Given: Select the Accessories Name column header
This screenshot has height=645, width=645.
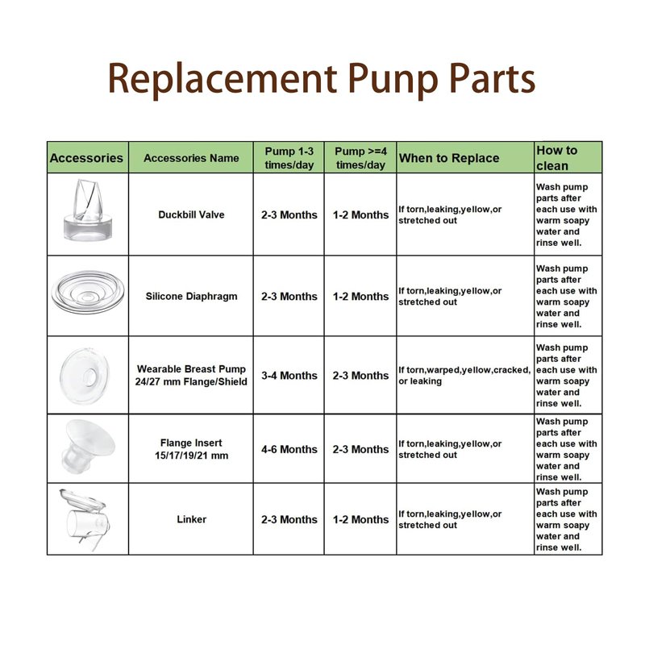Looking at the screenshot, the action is click(191, 158).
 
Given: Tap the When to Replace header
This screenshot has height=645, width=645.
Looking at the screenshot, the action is click(449, 158).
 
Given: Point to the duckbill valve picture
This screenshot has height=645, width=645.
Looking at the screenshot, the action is click(88, 210).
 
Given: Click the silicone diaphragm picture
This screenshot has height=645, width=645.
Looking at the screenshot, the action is click(88, 293).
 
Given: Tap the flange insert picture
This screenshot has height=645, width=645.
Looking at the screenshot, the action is click(88, 447).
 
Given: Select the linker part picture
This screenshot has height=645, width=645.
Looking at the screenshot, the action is click(85, 519).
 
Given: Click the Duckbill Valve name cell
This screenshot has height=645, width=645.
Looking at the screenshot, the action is click(191, 214).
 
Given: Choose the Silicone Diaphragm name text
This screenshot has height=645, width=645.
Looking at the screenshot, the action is click(191, 296).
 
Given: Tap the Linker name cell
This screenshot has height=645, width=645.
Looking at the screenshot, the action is click(191, 519).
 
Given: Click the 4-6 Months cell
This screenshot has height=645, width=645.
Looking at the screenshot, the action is click(289, 449).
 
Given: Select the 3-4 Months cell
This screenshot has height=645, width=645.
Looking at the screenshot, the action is click(289, 376).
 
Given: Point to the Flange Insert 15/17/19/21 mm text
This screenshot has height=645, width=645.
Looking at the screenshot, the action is click(191, 449).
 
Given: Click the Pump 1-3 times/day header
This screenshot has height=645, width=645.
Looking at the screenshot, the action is click(289, 158).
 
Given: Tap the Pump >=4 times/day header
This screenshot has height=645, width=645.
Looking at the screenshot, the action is click(360, 158).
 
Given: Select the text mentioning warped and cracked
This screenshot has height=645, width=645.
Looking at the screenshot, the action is click(464, 376).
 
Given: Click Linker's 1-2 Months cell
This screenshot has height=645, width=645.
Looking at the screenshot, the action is click(360, 519).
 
